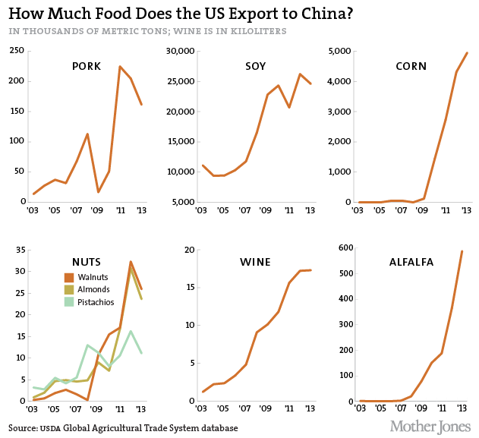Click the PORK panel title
click(x=87, y=66)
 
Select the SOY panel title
click(x=255, y=66)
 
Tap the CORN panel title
click(x=411, y=66)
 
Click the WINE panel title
click(x=255, y=263)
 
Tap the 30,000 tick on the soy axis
click(x=181, y=51)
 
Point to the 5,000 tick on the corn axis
click(x=339, y=51)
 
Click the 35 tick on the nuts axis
click(x=20, y=250)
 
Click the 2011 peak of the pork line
click(x=120, y=66)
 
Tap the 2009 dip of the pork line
click(x=98, y=192)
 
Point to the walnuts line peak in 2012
click(x=131, y=262)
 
